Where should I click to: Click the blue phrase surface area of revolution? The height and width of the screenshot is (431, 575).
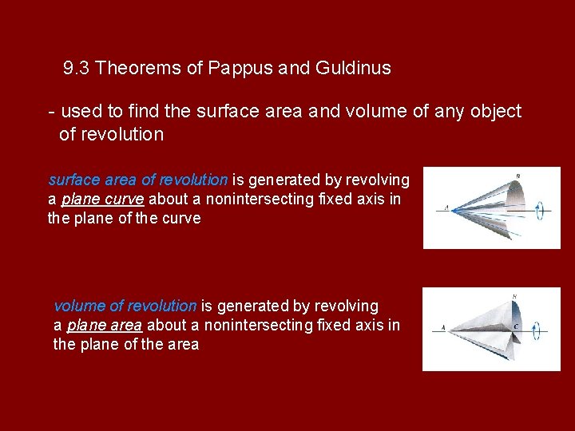[138, 180]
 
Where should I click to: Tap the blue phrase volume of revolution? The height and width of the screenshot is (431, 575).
[125, 306]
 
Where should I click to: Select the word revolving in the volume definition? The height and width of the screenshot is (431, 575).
[347, 306]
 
